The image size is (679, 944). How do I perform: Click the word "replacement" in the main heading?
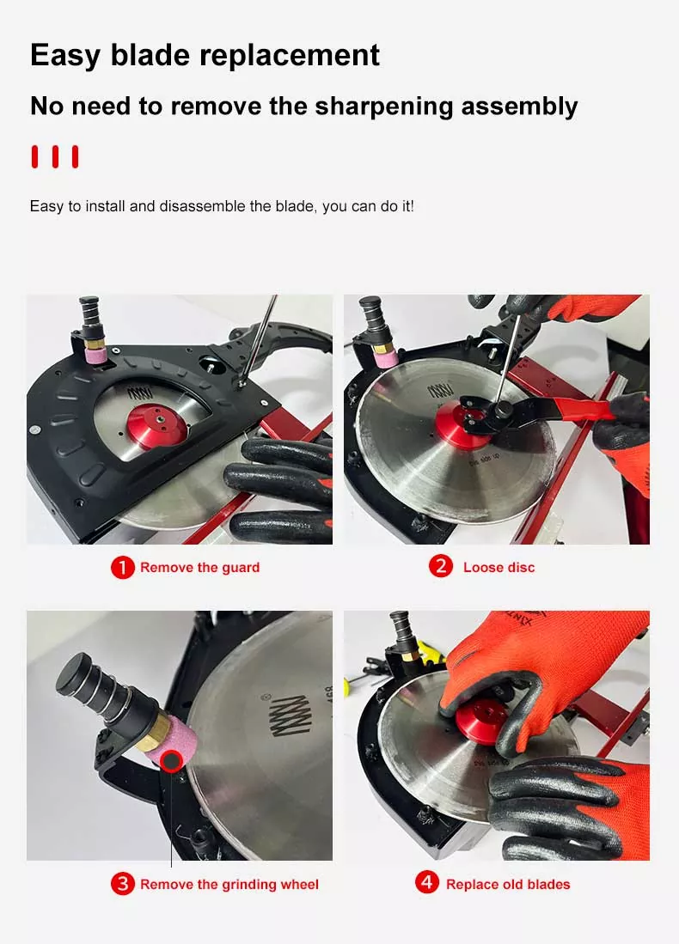(289, 56)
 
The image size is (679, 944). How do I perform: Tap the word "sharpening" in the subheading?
(383, 107)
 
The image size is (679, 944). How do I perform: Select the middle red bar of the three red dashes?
(55, 156)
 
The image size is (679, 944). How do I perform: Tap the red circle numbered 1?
(122, 567)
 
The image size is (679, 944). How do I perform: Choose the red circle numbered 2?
(440, 567)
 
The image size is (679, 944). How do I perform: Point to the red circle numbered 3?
(122, 884)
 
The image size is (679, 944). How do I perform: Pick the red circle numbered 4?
(427, 883)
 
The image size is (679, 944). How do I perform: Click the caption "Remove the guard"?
(200, 568)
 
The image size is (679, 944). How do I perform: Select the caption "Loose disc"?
(499, 568)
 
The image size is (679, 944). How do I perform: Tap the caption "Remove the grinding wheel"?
(229, 885)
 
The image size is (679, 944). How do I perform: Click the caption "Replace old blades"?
(508, 885)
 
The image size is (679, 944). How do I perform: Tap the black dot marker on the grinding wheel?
(171, 762)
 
